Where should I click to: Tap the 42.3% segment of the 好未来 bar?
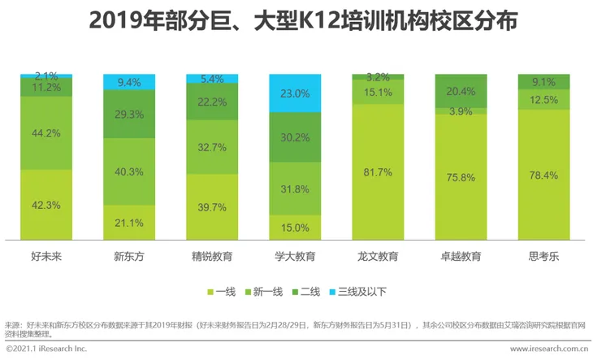46,205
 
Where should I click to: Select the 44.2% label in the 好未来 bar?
46,133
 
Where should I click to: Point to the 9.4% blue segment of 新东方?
129,81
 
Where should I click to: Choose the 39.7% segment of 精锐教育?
212,207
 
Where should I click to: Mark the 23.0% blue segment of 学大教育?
295,93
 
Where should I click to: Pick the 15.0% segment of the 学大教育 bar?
295,228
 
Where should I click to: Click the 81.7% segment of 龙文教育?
378,172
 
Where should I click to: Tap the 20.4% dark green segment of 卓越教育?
461,90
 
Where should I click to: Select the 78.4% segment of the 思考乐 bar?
543,175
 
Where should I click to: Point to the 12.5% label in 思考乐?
543,99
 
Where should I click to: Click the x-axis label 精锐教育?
212,257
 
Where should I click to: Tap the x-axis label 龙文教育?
378,257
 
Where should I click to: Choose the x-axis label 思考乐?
543,257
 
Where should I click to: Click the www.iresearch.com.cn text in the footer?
548,349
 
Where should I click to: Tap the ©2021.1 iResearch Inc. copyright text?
46,349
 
